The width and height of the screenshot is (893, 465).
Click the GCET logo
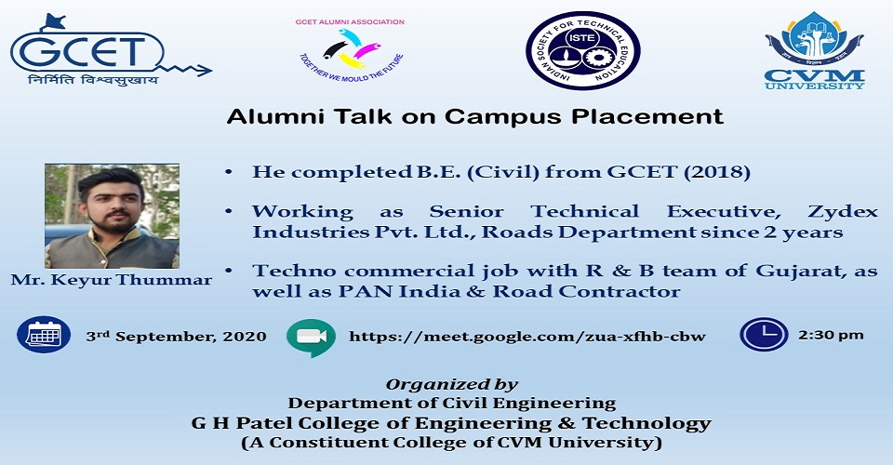coord(111,50)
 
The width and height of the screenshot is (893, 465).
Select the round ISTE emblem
coord(582,50)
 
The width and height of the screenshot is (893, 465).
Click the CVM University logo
coord(814,50)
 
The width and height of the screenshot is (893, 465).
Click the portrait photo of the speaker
coord(113,217)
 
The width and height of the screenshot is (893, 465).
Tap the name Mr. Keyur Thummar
coord(111,281)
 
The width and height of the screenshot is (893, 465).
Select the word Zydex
coord(843,212)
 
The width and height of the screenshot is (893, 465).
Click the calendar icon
coord(44,335)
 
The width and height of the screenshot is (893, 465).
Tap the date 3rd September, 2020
coord(177,337)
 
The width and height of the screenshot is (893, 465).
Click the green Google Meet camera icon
coord(311,338)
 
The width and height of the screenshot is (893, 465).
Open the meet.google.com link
coord(527,337)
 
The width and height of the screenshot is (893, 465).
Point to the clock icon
coord(764,334)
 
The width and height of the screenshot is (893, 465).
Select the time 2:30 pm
coord(831,335)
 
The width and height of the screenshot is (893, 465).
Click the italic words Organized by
coord(452,385)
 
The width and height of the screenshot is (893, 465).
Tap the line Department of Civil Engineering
coord(452,404)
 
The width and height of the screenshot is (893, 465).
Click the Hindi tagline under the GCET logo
coord(93,80)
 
